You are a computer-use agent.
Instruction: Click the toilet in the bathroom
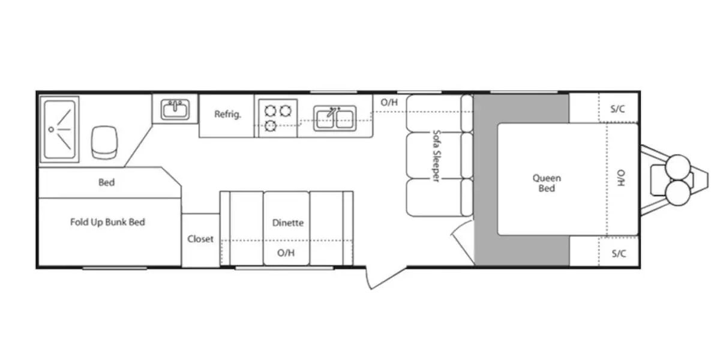pos(104,142)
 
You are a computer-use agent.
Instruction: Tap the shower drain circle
pos(51,130)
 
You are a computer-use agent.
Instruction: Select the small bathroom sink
pos(175,109)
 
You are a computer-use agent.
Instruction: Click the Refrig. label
pos(227,114)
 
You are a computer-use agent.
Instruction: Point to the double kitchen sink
pos(335,118)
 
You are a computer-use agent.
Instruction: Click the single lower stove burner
pos(271,125)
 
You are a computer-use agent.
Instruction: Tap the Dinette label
pos(287,223)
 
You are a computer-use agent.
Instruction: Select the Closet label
pos(200,239)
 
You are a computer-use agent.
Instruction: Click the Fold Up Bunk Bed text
pos(107,222)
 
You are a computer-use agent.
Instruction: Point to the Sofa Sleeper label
pos(436,156)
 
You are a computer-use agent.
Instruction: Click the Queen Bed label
pos(547,183)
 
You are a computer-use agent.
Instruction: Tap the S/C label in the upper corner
pos(618,109)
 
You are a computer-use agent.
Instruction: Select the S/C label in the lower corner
pos(619,254)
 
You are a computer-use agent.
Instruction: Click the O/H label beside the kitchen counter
pos(389,102)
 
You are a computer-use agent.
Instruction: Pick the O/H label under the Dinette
pos(286,253)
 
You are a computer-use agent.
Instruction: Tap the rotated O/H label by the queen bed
pos(621,178)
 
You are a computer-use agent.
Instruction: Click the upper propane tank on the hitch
pos(678,167)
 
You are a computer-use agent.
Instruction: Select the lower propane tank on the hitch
pos(678,193)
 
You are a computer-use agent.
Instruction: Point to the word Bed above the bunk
pos(106,182)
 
